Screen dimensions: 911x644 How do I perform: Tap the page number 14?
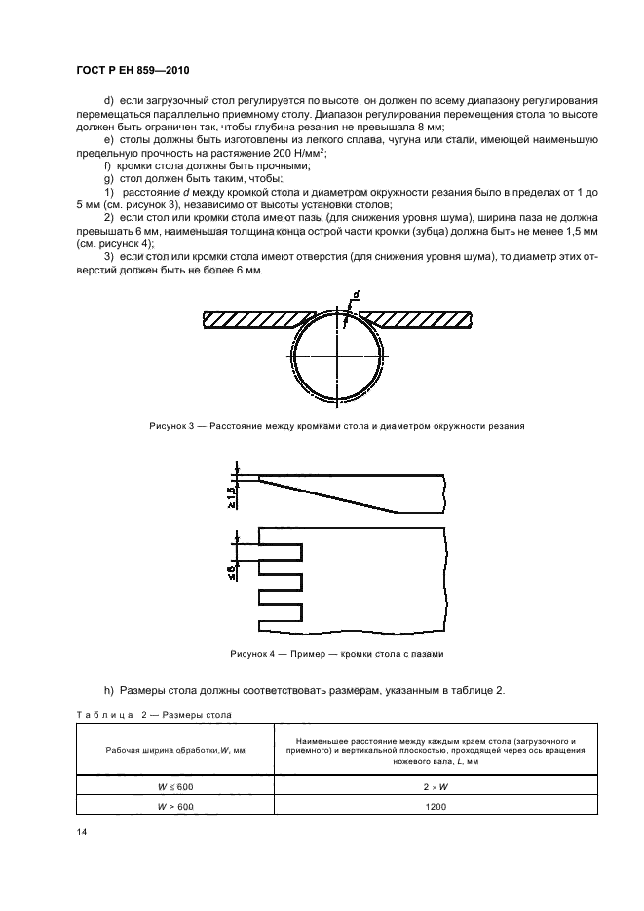pos(81,832)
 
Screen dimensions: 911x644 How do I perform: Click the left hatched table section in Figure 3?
pos(248,320)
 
